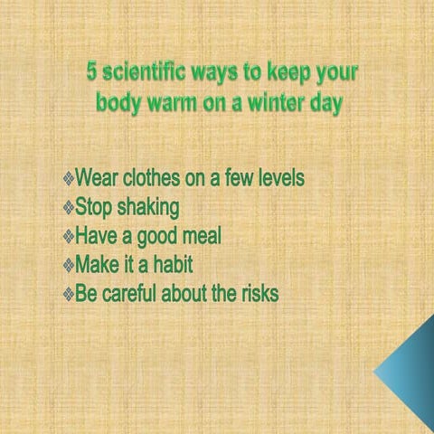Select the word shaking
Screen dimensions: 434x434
point(146,207)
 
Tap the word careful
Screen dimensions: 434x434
point(136,294)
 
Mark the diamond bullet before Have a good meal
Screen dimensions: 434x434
point(68,238)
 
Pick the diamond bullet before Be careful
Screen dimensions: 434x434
point(68,296)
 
